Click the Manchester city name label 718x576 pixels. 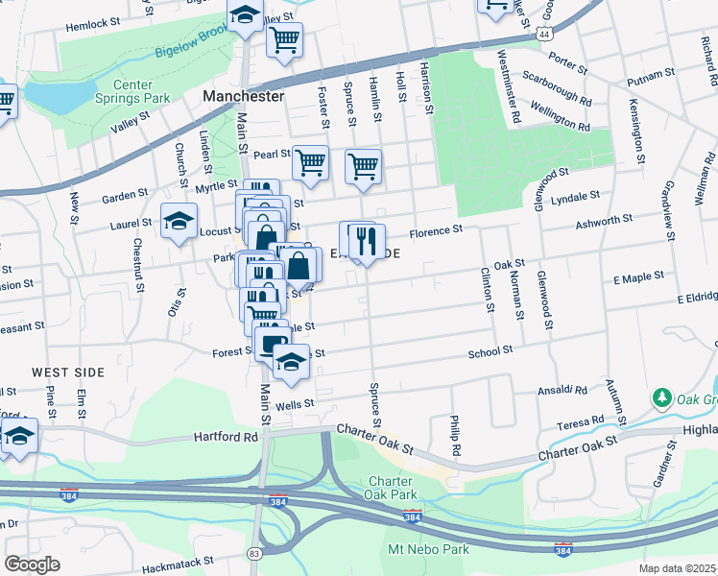click(243, 97)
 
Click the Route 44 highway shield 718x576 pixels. click(544, 34)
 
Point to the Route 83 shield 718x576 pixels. click(253, 553)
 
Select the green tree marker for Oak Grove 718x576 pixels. click(660, 396)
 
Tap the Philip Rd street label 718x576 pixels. click(454, 436)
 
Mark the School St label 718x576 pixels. click(491, 352)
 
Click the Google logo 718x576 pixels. click(32, 564)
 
